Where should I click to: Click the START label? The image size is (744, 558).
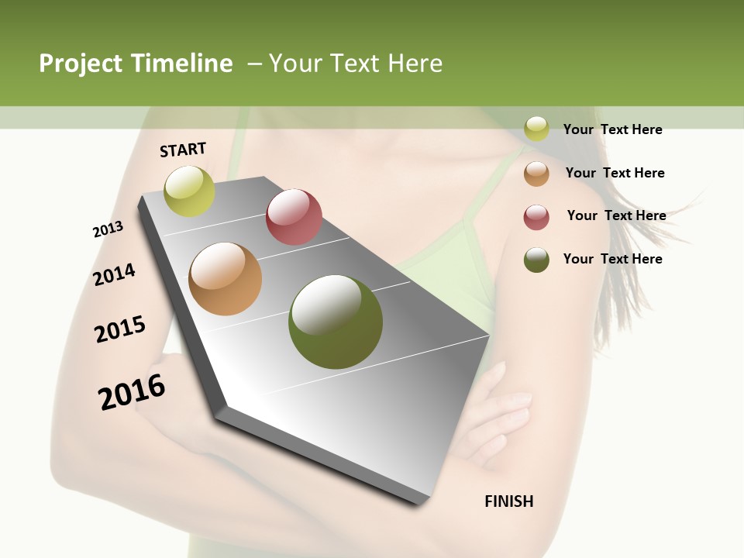(x=183, y=150)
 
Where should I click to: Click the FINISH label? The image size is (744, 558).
(x=509, y=501)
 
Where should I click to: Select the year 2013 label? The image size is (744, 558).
(x=108, y=229)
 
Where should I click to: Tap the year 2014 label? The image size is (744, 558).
(x=114, y=274)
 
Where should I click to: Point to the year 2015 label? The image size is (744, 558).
(x=120, y=329)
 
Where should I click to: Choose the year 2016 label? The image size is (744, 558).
(x=132, y=392)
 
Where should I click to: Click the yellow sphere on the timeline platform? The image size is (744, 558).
(x=189, y=191)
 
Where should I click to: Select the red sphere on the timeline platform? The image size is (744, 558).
(x=294, y=216)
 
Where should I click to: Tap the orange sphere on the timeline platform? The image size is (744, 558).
(x=226, y=279)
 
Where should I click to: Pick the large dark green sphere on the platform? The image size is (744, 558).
(x=336, y=322)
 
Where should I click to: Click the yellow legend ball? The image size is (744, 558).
(x=536, y=129)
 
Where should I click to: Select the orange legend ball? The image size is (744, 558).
(x=536, y=174)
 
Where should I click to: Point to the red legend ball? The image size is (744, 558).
(x=536, y=217)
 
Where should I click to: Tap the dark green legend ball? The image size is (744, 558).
(x=536, y=260)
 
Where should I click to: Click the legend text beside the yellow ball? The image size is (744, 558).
(x=612, y=129)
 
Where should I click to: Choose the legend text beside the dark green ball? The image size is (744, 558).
(x=612, y=259)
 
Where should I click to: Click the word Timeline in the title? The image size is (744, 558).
(x=183, y=64)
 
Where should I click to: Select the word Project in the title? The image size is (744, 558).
(x=81, y=64)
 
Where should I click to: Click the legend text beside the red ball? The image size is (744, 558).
(x=616, y=215)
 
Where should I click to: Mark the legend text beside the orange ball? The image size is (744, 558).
(x=615, y=173)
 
